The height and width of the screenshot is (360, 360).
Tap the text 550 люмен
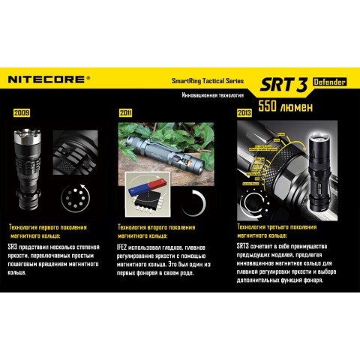(x=286, y=106)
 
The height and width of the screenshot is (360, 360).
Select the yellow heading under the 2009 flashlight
(x=46, y=230)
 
